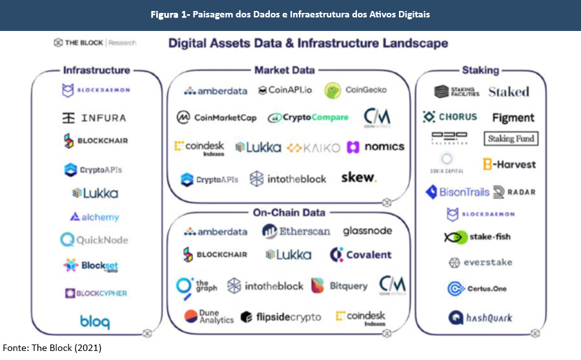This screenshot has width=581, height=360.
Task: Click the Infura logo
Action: (x=94, y=118)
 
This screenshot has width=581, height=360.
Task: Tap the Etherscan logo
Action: (x=296, y=231)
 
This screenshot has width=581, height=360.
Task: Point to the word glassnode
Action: (x=367, y=230)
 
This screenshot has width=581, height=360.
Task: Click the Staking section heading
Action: (x=480, y=70)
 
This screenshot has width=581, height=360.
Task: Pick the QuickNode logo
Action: (x=94, y=240)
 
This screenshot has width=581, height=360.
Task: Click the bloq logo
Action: (x=94, y=321)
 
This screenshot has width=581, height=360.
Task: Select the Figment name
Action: (x=513, y=118)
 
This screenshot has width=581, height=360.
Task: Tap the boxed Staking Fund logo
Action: (x=510, y=138)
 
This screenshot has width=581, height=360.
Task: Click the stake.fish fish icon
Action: (x=455, y=237)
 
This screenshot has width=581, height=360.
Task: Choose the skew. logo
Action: (x=358, y=177)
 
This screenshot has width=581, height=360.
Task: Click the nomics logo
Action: (x=376, y=147)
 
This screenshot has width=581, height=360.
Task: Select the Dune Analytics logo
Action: (x=209, y=316)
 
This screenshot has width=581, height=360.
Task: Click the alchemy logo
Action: (x=94, y=217)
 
